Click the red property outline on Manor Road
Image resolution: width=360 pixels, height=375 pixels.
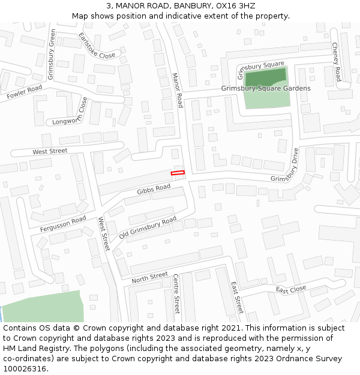coord(178,173)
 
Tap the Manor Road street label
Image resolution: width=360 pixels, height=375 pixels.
coord(177,91)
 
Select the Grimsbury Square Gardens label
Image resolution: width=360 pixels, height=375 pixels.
coord(266,89)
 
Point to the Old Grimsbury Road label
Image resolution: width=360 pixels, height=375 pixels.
coord(148,228)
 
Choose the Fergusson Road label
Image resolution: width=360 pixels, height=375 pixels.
coord(63,224)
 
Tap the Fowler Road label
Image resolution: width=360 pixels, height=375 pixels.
coord(25,92)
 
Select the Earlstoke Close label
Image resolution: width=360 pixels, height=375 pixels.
coord(97,46)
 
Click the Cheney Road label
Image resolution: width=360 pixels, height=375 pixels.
coord(336,62)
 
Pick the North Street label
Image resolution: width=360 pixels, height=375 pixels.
coord(149,277)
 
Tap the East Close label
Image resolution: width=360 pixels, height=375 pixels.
coord(291,290)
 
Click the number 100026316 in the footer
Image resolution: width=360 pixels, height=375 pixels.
coord(25,369)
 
